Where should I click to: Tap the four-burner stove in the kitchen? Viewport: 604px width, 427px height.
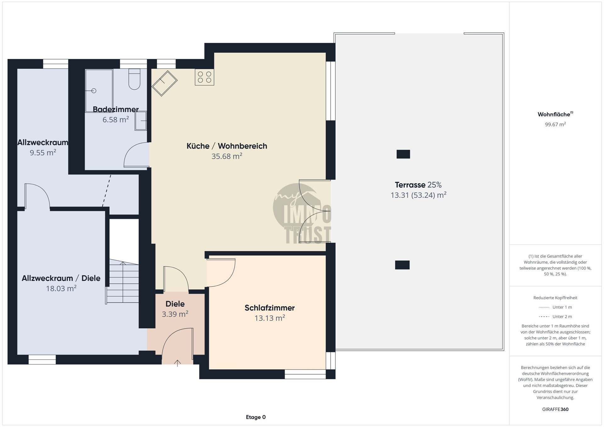pos(204,77)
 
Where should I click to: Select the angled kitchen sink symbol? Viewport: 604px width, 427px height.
pos(165,83)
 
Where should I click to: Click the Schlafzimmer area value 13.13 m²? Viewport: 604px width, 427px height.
pos(270,318)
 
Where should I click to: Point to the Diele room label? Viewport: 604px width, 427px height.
pos(175,304)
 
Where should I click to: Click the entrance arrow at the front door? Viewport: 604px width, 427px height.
pos(177,363)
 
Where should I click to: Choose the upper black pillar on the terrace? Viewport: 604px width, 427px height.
pos(403,154)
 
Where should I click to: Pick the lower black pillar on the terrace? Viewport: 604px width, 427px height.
pos(402,265)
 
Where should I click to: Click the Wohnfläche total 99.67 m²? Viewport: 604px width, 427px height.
pos(555,125)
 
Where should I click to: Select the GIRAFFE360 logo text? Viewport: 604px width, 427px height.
pos(555,409)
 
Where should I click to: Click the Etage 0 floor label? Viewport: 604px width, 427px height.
pos(256,417)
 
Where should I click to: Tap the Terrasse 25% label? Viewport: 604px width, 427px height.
pos(418,185)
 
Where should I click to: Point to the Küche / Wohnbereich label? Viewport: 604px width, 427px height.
pos(227,146)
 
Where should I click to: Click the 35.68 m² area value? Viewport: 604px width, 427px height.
pos(227,156)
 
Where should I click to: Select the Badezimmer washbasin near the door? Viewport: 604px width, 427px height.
pos(141,121)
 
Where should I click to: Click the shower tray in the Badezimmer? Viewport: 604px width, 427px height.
pos(99,91)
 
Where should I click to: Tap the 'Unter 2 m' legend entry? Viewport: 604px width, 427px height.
pos(555,317)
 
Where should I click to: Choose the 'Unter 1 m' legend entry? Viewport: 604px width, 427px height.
pos(555,307)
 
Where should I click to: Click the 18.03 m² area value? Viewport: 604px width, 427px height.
pos(61,289)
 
